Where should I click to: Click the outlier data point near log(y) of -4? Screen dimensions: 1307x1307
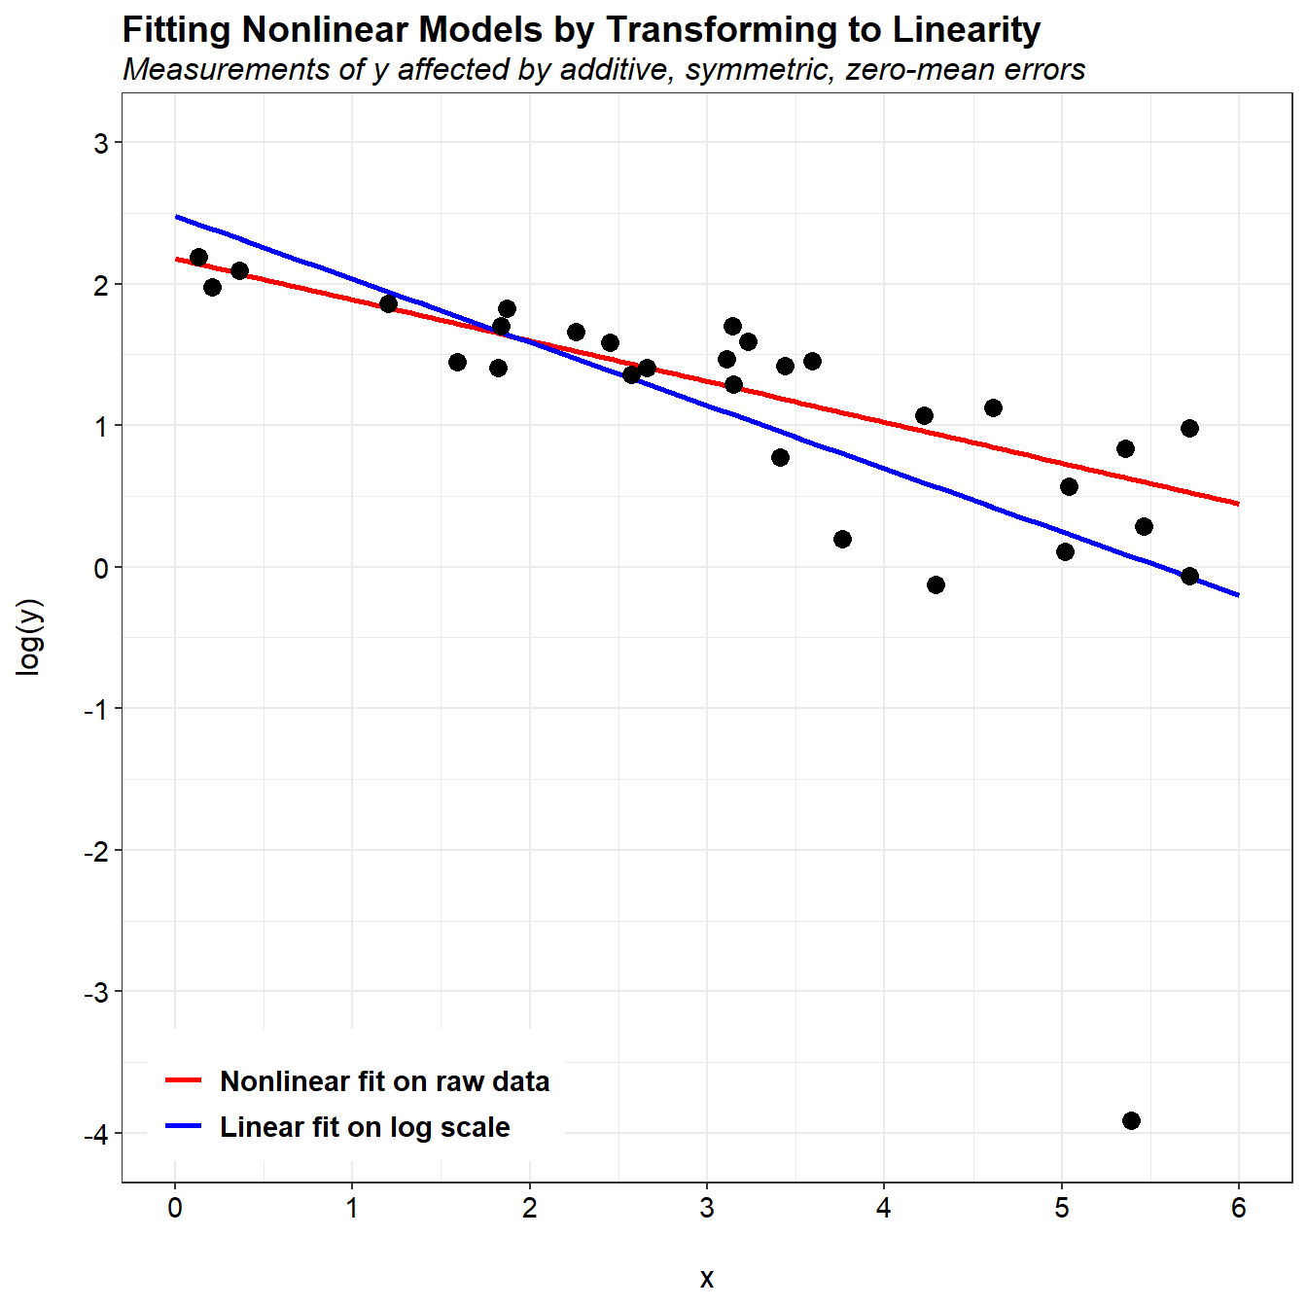click(1131, 1120)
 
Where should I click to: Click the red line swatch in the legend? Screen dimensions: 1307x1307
click(183, 1080)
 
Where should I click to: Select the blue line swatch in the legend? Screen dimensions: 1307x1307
click(183, 1126)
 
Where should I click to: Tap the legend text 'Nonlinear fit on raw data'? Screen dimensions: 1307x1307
click(384, 1081)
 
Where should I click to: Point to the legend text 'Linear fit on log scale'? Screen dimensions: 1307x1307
click(365, 1127)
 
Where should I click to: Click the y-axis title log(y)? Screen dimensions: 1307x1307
click(30, 637)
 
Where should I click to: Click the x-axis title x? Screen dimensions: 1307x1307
click(707, 1278)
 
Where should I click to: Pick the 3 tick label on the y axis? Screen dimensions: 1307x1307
click(101, 143)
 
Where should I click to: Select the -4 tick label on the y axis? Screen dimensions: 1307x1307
click(95, 1134)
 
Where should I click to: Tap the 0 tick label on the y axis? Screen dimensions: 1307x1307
click(101, 568)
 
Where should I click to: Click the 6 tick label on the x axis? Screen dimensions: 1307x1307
click(1238, 1209)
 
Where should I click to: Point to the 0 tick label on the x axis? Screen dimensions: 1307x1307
click(175, 1209)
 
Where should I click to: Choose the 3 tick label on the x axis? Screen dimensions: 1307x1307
click(707, 1209)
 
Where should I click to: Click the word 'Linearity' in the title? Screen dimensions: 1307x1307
click(967, 30)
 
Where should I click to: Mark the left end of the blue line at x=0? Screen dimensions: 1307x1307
click(176, 216)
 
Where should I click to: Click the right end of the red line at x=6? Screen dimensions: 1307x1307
click(1238, 504)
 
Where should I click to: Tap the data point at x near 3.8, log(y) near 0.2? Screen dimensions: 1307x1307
click(842, 539)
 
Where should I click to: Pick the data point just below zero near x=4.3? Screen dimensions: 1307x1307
click(936, 584)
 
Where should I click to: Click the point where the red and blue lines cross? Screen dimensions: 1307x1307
click(525, 339)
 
